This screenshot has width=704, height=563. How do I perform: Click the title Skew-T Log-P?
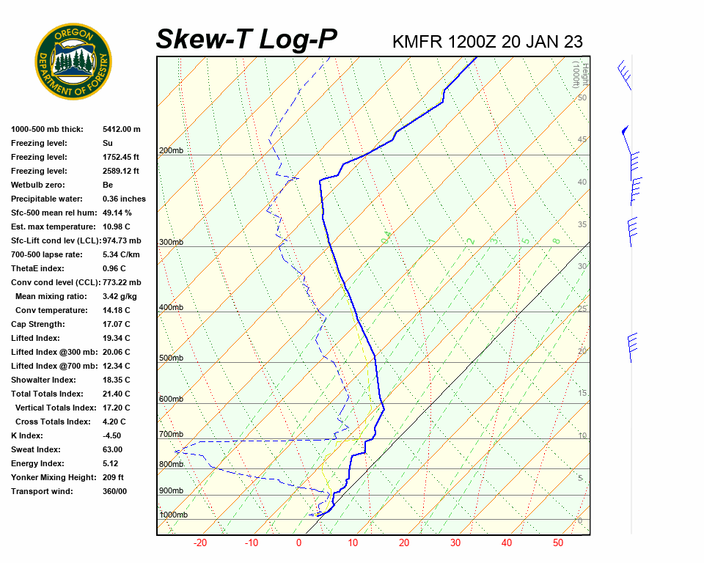(246, 40)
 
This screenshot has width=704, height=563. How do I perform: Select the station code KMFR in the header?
(417, 42)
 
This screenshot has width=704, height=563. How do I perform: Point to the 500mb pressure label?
(171, 358)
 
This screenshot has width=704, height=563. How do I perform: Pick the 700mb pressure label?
(171, 435)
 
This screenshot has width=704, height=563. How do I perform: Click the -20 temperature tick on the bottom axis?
(199, 543)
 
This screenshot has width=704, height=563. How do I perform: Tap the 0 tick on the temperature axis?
(298, 543)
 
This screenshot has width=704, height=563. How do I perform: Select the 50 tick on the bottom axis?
(558, 543)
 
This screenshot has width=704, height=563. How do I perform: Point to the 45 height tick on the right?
(582, 140)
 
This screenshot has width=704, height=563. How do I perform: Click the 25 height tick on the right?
(582, 309)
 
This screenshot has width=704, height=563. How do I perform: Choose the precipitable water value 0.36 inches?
(124, 199)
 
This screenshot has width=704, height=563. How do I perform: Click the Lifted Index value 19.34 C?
(117, 338)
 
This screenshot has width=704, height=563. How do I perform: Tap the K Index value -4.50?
(113, 435)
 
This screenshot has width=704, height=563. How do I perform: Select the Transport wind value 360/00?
(114, 491)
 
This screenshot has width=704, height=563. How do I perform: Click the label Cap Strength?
(38, 324)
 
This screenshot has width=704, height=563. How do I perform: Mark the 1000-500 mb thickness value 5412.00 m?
(121, 129)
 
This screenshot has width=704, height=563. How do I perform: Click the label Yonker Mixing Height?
(54, 477)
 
